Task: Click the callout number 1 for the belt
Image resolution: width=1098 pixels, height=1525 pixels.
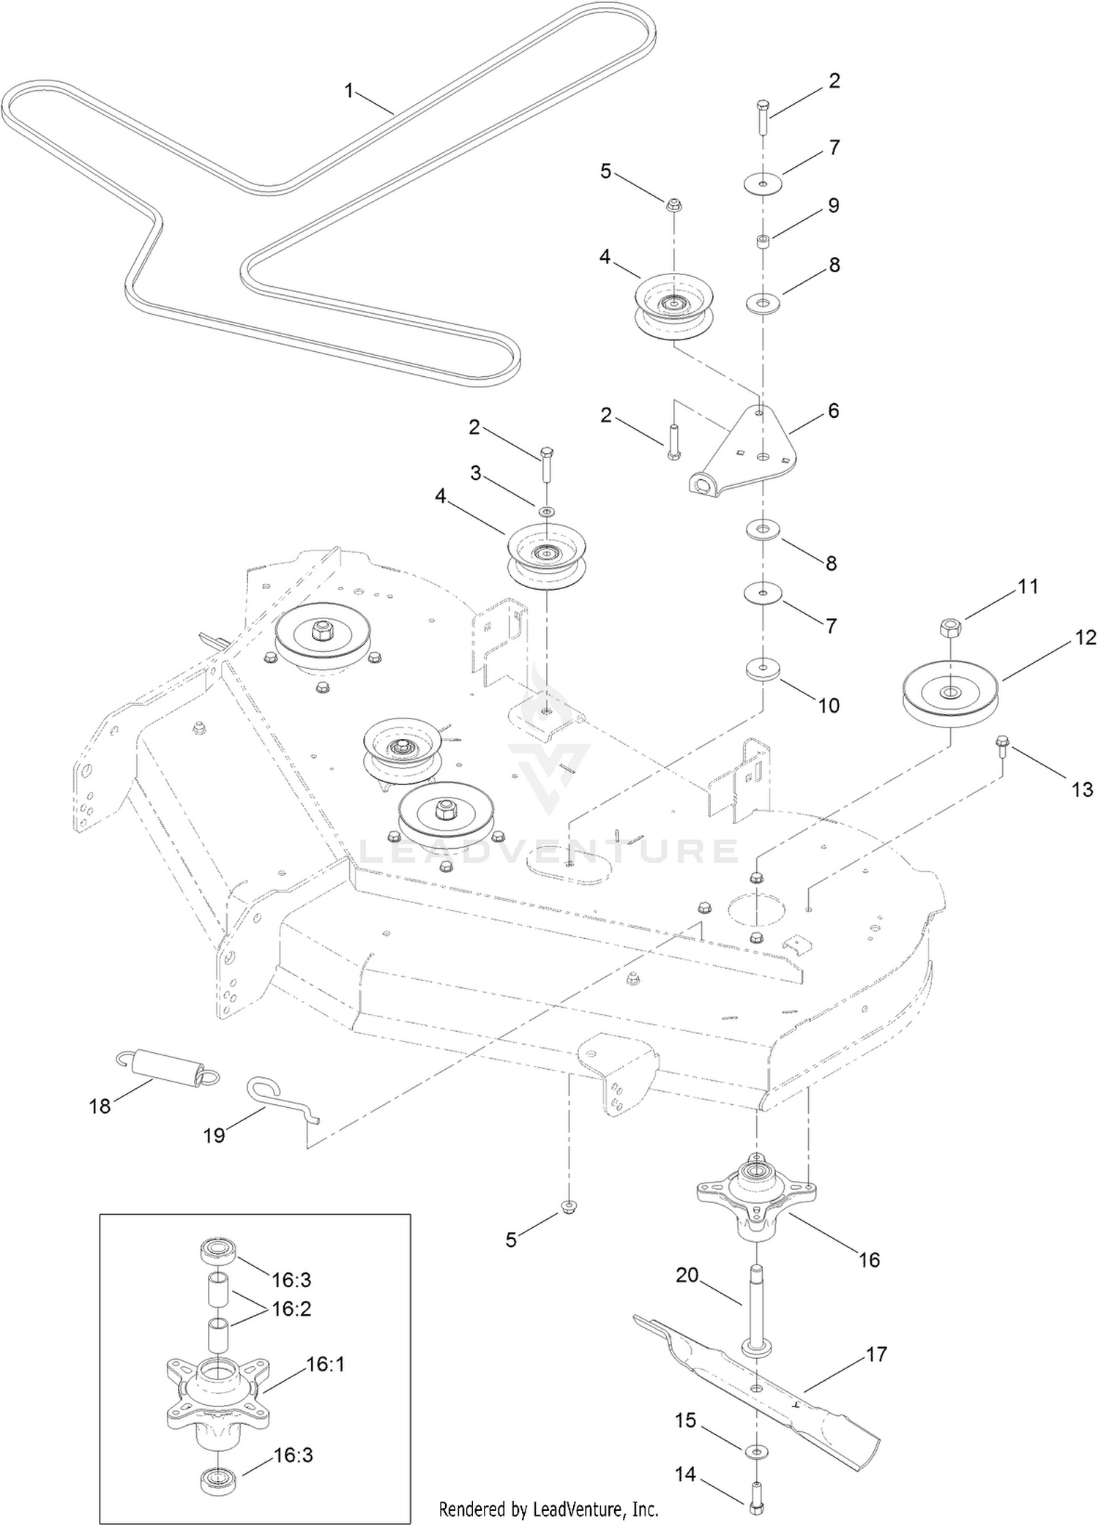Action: coord(349,91)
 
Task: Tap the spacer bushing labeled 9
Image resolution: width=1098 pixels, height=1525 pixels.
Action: coord(763,241)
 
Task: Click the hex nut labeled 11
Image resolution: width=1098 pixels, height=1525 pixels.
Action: coord(950,627)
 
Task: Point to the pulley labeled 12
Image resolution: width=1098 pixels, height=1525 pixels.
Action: coord(950,689)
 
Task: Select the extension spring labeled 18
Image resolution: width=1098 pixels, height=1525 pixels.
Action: coord(167,1069)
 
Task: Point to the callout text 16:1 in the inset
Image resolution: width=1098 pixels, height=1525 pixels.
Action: coord(326,1364)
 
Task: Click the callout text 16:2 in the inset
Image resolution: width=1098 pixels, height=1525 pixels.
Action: coord(292,1308)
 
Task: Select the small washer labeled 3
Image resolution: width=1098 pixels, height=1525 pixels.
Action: coord(546,510)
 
